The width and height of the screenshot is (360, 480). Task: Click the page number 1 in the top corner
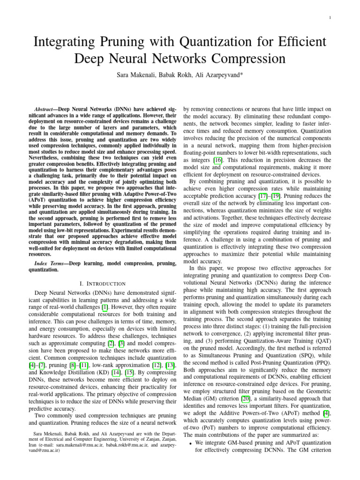pyautogui.click(x=330, y=18)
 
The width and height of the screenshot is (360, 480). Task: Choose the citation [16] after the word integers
pyautogui.click(x=217, y=160)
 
